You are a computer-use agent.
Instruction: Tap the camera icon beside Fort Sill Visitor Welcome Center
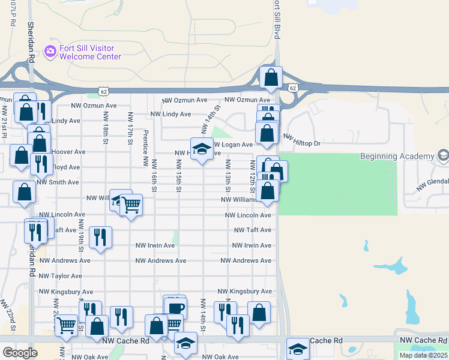(x=50, y=52)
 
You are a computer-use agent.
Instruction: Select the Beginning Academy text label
(x=397, y=156)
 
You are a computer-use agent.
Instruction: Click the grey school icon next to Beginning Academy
(x=443, y=156)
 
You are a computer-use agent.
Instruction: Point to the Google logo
(x=20, y=352)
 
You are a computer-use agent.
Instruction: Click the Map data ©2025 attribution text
(x=423, y=355)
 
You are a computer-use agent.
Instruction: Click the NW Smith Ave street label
(x=58, y=182)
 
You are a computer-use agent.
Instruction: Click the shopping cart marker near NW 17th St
(x=131, y=205)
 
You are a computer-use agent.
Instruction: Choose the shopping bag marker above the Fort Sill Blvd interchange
(x=271, y=77)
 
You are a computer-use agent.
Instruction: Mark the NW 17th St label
(x=130, y=128)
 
